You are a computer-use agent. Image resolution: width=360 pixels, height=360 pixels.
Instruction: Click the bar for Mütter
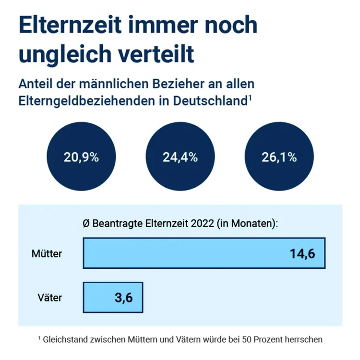204,253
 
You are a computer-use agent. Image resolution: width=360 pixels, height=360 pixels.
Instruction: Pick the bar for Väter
113,297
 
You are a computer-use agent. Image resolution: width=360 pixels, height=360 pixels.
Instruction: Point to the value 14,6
302,253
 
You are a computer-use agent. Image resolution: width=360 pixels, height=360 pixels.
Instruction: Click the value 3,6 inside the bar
123,298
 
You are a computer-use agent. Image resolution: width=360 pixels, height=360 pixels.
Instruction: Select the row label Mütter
47,253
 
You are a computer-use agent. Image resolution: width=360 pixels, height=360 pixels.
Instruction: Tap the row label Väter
50,298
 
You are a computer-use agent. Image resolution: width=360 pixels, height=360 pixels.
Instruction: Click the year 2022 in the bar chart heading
202,224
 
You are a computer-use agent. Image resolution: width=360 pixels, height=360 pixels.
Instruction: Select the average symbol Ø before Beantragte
86,224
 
